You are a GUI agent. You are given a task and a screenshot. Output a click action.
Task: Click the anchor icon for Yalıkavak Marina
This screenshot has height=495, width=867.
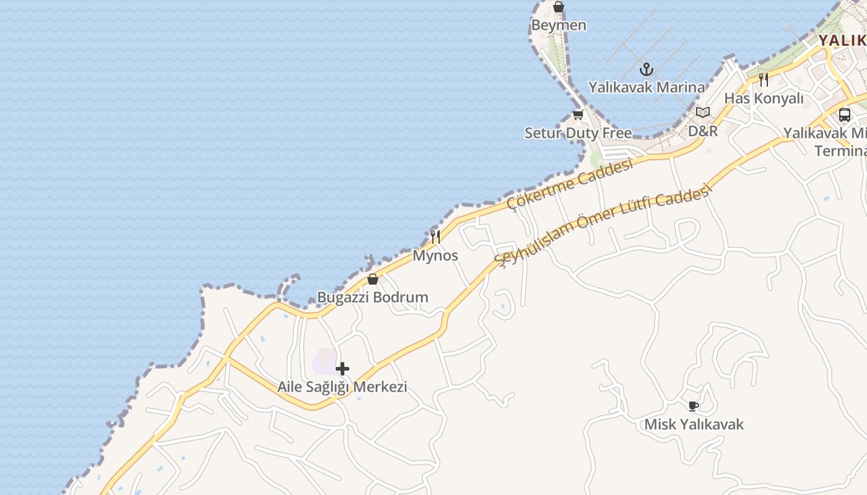point(647,69)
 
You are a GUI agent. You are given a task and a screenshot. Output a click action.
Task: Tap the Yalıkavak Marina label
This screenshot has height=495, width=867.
point(647,87)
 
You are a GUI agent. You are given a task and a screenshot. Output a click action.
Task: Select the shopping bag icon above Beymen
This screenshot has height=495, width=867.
point(559,7)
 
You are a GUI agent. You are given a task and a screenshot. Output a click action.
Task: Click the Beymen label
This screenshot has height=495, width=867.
point(559,25)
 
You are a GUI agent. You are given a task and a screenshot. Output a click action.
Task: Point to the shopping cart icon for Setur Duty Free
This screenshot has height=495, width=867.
point(578,114)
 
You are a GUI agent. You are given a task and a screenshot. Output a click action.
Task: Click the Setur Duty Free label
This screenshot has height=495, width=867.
point(578,133)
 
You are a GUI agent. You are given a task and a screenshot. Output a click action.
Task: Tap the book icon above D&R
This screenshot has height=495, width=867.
point(703,113)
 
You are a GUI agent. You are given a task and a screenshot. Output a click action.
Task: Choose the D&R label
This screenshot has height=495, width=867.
point(703,131)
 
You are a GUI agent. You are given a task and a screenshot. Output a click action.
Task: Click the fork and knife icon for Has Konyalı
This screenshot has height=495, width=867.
point(764,80)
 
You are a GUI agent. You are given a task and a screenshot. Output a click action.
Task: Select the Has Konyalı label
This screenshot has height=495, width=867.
point(764,98)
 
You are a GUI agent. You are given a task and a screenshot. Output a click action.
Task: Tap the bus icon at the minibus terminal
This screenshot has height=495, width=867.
point(844,115)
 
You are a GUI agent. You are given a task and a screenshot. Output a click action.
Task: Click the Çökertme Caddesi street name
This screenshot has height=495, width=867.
point(570,184)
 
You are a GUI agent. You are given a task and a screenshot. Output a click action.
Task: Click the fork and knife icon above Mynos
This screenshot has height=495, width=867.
point(435,236)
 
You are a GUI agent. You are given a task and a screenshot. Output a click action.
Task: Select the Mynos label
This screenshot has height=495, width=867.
point(435,255)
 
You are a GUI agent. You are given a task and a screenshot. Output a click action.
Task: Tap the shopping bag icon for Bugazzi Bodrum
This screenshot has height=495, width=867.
point(373,279)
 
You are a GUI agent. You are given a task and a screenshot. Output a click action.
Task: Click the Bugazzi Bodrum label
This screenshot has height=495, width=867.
point(373,297)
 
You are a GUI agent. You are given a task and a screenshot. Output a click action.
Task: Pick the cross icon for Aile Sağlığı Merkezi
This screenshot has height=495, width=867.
point(342,369)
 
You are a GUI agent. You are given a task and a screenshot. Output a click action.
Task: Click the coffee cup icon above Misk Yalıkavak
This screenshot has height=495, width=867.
point(694,406)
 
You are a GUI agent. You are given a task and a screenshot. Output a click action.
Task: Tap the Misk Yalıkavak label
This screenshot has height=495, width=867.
point(694,424)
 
